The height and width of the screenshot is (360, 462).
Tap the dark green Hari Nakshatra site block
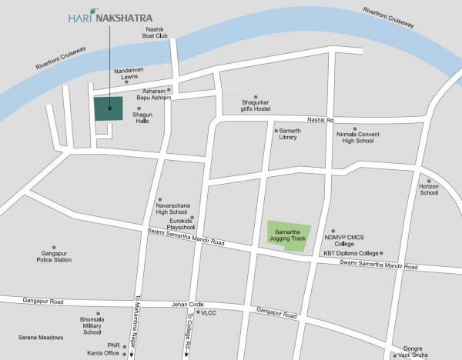tap(109, 108)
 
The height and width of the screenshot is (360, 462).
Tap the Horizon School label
tap(429, 189)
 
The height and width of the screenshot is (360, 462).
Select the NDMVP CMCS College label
tap(348, 238)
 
